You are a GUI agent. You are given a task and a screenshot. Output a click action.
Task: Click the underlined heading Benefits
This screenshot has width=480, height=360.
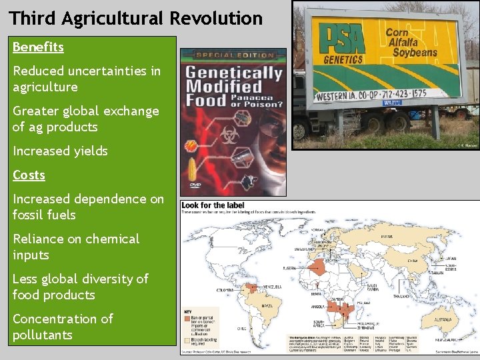[38, 47]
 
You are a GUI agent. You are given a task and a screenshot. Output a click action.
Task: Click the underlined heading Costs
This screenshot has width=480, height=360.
[29, 175]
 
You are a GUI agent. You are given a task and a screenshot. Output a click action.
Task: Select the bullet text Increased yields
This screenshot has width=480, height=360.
[60, 151]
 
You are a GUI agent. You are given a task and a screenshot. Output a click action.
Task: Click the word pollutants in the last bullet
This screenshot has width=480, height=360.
[42, 335]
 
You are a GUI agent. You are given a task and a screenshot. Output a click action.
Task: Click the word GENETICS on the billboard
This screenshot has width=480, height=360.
[343, 59]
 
